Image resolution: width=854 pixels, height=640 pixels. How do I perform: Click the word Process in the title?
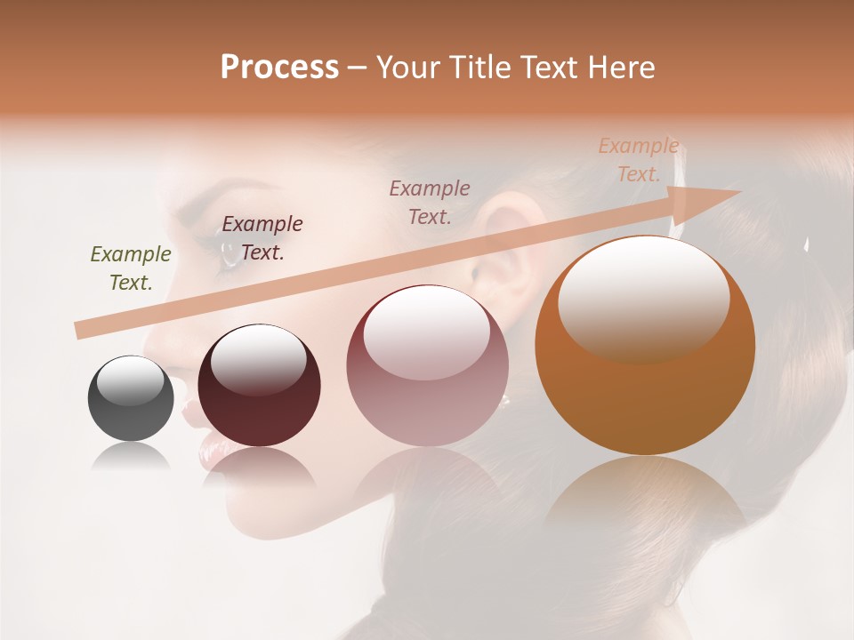[279, 68]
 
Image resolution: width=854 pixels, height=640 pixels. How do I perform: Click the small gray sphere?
[131, 398]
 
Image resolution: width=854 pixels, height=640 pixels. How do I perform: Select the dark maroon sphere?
[259, 386]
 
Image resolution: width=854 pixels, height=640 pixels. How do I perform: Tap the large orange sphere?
[645, 346]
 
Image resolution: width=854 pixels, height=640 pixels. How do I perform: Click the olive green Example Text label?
[131, 268]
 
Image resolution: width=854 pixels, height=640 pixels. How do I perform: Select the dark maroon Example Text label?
[262, 238]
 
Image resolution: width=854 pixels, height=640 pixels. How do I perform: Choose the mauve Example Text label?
[430, 202]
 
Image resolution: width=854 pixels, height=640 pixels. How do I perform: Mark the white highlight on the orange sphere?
[643, 293]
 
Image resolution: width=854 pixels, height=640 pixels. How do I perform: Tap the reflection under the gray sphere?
[131, 458]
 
